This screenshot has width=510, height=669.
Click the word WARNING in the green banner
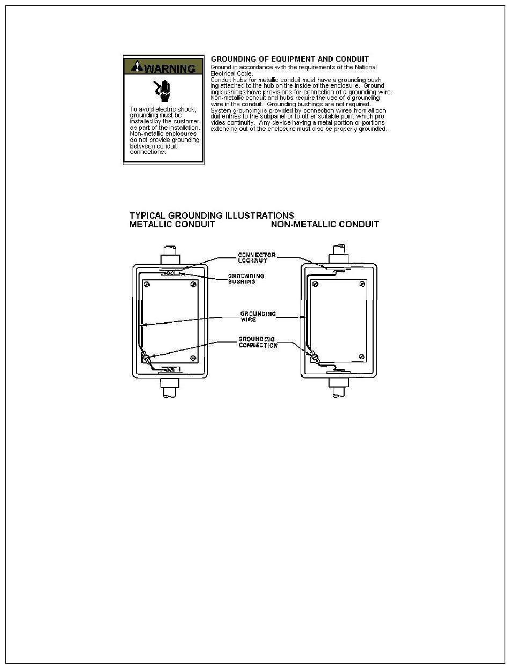(x=170, y=69)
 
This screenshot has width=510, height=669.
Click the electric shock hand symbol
(x=163, y=90)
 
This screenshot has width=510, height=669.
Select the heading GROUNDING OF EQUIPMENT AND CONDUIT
(x=290, y=59)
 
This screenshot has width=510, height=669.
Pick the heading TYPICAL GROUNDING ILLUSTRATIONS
(x=212, y=216)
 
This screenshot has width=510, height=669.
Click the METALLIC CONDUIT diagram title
(x=172, y=225)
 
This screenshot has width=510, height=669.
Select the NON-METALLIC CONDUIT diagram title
(x=325, y=225)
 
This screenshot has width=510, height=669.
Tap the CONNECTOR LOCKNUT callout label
(x=257, y=257)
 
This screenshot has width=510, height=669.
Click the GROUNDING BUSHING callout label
(x=246, y=279)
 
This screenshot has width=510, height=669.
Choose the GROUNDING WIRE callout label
(x=258, y=316)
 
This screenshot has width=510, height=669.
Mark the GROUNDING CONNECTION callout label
(x=258, y=342)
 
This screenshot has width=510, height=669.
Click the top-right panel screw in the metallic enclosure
(x=193, y=284)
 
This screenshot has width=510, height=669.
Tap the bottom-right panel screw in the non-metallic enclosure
(x=362, y=357)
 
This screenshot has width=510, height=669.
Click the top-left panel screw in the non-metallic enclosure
(x=316, y=284)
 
